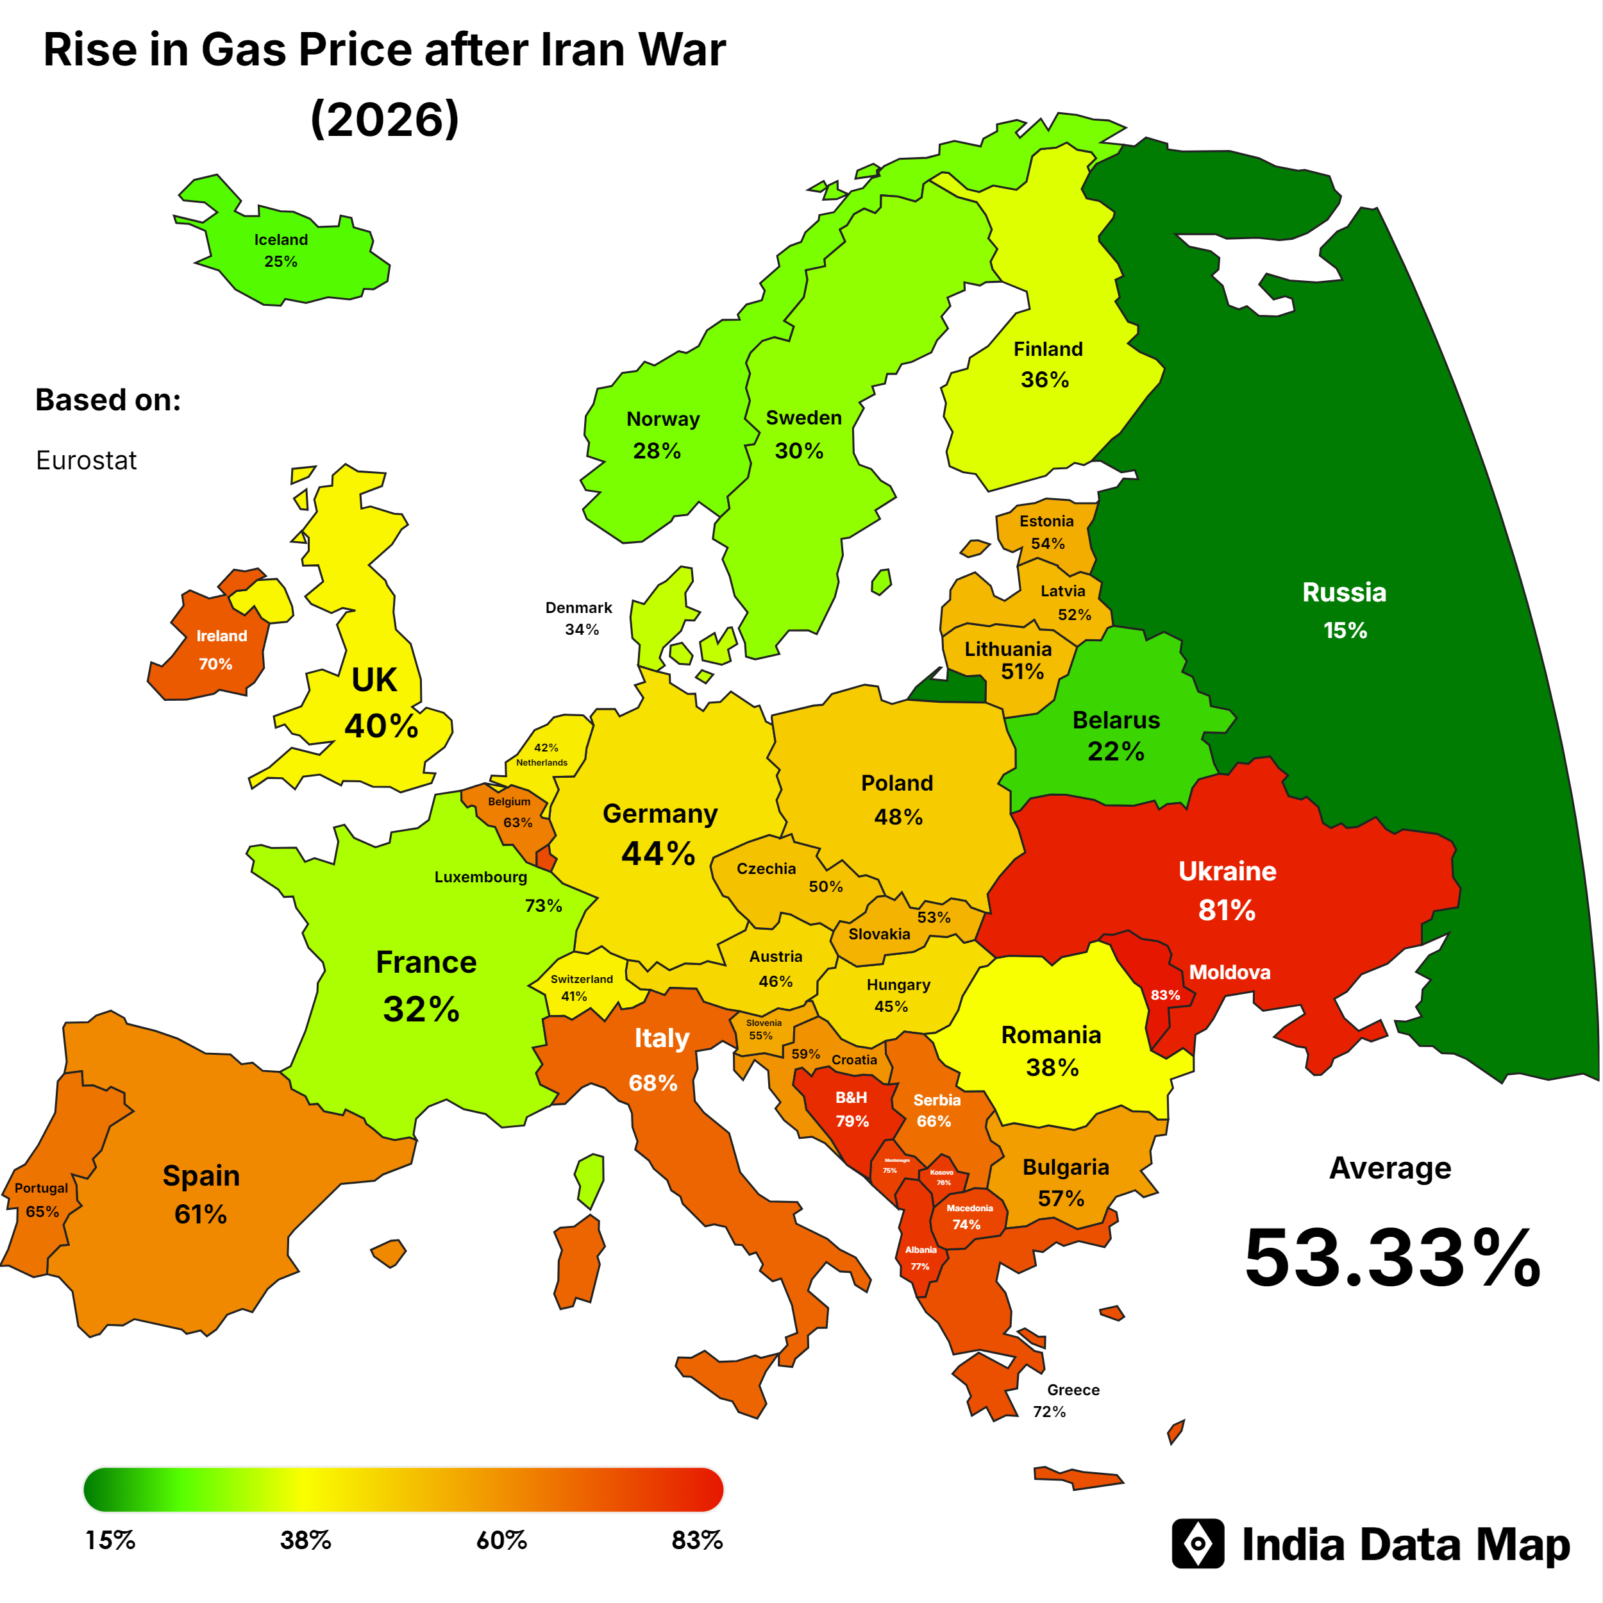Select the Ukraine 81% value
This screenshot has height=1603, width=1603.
1227,911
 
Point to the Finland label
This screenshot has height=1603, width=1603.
1048,349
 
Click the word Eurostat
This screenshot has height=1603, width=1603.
87,460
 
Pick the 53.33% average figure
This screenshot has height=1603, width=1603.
1392,1259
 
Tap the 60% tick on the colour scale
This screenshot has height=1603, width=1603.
501,1541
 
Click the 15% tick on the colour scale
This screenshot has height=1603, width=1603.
110,1541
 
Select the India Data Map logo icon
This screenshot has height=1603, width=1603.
1197,1544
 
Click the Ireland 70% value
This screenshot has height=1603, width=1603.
215,664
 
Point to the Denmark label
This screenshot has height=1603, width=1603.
578,607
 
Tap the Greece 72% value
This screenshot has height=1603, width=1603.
1049,1411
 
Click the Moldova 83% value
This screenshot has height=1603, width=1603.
1165,995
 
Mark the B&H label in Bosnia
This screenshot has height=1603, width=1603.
852,1097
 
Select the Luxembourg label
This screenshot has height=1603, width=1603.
480,877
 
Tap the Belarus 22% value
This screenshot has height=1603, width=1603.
1116,751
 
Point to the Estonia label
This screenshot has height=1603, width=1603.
1046,521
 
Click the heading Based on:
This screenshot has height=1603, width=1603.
108,400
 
